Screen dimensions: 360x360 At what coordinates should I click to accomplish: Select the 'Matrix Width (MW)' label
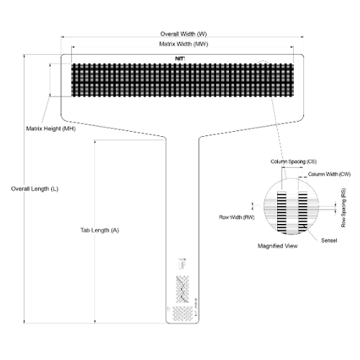click(182, 44)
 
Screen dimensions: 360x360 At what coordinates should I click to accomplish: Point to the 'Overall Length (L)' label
click(35, 188)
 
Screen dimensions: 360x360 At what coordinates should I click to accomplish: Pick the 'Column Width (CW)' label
click(328, 174)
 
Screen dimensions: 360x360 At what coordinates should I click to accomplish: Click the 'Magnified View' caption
click(278, 246)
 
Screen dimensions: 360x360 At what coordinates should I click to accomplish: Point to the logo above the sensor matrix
click(181, 58)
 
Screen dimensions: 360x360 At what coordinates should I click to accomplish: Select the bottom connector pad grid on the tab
click(184, 312)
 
